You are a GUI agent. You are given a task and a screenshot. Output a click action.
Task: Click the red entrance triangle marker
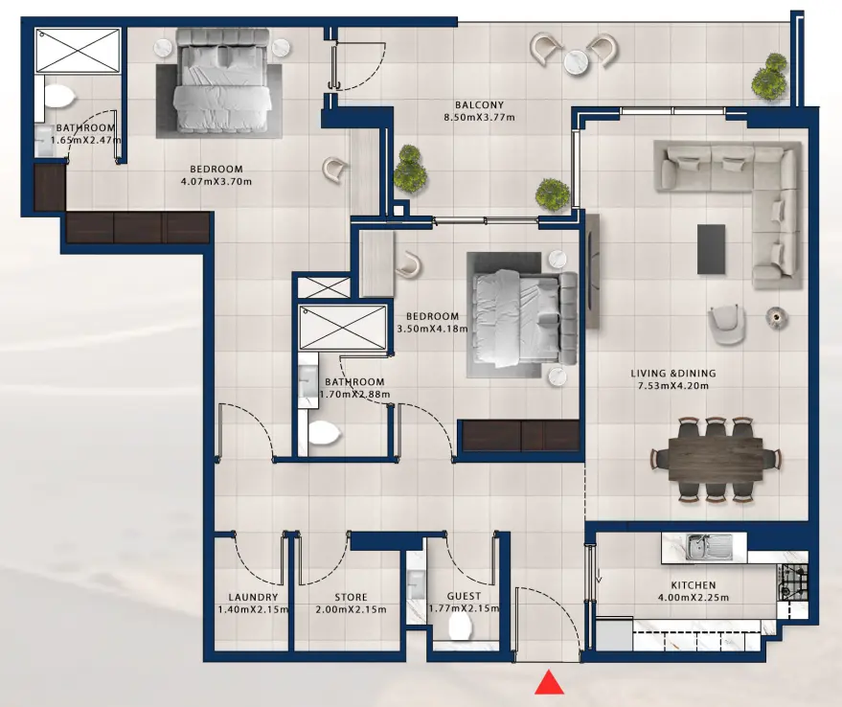click(x=549, y=682)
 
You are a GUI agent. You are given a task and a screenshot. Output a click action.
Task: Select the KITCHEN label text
click(x=694, y=585)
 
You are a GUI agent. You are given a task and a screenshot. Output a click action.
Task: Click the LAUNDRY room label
click(x=253, y=597)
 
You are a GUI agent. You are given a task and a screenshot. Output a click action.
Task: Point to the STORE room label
click(x=352, y=597)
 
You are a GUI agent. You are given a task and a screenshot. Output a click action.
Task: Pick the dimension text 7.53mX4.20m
click(x=672, y=385)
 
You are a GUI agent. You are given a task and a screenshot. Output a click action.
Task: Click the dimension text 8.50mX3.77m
click(x=480, y=117)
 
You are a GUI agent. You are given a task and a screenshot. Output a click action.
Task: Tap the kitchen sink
click(x=698, y=547)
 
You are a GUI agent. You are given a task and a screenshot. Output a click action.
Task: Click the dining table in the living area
click(x=716, y=459)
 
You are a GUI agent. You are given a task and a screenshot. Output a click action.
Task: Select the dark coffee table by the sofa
click(x=711, y=249)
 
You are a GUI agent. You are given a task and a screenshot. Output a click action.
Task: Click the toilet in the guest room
click(x=460, y=627)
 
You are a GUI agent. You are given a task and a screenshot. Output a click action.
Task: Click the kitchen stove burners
click(x=792, y=582)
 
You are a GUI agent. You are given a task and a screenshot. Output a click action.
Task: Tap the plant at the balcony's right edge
click(x=769, y=77)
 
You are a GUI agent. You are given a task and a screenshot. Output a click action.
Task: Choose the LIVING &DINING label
click(x=672, y=374)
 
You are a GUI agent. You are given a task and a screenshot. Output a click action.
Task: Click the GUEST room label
click(x=464, y=596)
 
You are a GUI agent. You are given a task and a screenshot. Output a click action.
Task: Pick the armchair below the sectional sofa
click(x=726, y=324)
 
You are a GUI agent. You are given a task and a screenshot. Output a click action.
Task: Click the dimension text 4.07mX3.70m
click(x=216, y=181)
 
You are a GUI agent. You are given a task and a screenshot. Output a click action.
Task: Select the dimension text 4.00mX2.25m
click(x=694, y=598)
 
